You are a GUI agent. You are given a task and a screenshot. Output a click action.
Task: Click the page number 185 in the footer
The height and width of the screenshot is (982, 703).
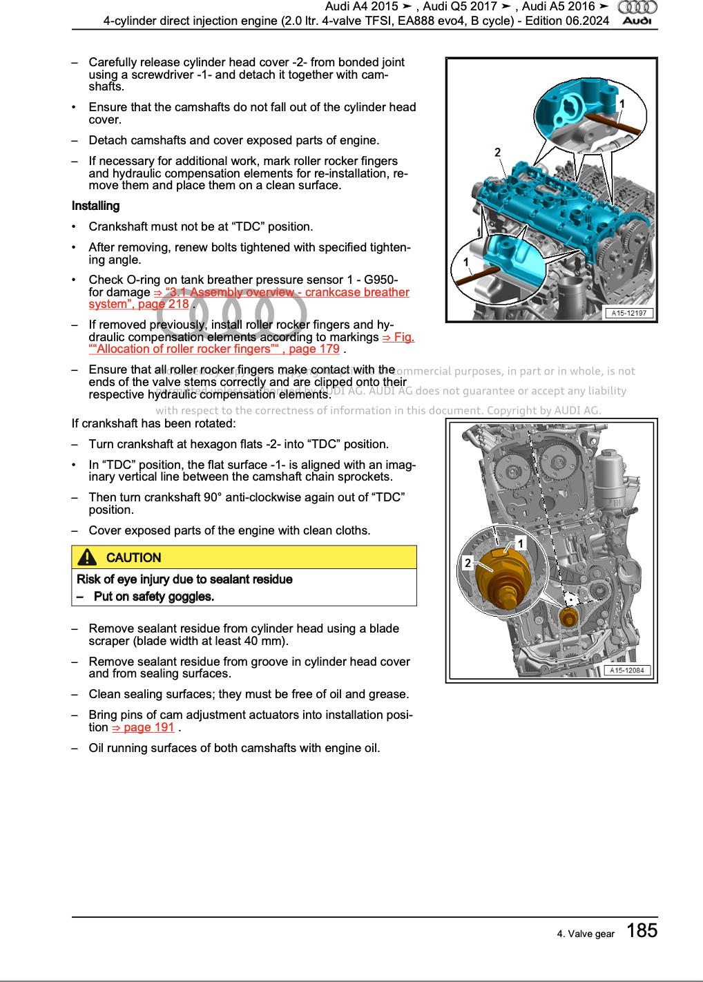(x=642, y=931)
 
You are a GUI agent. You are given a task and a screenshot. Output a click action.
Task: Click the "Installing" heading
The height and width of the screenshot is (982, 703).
(x=95, y=206)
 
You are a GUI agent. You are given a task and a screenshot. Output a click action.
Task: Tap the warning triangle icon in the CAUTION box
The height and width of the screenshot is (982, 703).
(x=88, y=557)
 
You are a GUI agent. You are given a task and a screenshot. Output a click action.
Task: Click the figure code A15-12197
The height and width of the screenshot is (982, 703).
(x=630, y=314)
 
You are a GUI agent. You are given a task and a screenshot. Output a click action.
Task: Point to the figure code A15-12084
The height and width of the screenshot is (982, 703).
(x=630, y=670)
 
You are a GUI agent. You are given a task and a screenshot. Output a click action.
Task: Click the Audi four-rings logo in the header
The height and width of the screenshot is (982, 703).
(x=637, y=7)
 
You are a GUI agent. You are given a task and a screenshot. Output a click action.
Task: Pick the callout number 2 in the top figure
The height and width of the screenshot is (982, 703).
(x=497, y=153)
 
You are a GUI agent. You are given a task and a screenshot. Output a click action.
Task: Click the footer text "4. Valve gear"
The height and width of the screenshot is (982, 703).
(x=586, y=934)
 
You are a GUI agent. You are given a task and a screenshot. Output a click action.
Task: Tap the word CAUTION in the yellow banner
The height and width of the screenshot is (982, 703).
(x=134, y=557)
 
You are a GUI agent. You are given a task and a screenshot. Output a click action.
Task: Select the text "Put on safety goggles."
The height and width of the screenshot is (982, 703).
(x=153, y=596)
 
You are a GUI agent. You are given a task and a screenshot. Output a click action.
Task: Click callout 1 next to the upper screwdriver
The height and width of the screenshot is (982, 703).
(x=622, y=104)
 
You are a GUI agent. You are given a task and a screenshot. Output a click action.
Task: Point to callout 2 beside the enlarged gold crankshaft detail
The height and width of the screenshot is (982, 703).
(x=468, y=564)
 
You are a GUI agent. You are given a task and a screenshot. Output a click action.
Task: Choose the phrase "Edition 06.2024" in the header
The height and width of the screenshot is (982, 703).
(x=568, y=21)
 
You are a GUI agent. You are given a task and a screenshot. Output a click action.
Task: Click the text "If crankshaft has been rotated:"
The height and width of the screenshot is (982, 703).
(x=153, y=423)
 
